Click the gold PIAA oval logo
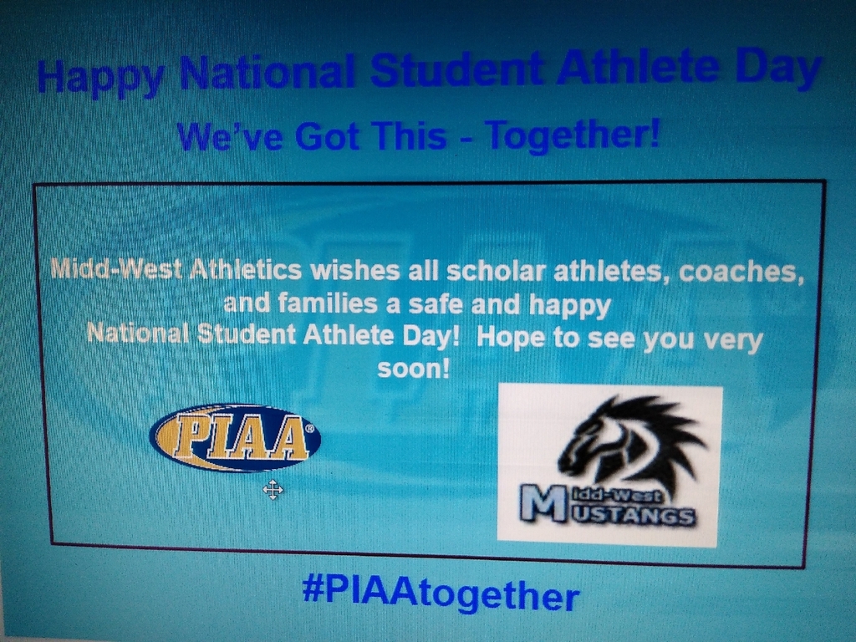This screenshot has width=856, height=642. (x=235, y=438)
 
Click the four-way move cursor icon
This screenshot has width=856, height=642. (x=273, y=490)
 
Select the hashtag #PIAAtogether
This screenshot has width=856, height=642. (x=440, y=594)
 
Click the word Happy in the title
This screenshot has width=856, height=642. (x=100, y=77)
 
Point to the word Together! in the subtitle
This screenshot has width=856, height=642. (x=572, y=135)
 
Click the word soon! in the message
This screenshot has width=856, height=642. (x=413, y=369)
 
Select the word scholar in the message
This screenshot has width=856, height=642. (x=497, y=271)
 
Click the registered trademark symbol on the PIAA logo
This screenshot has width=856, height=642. (x=309, y=429)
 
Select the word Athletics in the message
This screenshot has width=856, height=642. (x=246, y=269)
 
